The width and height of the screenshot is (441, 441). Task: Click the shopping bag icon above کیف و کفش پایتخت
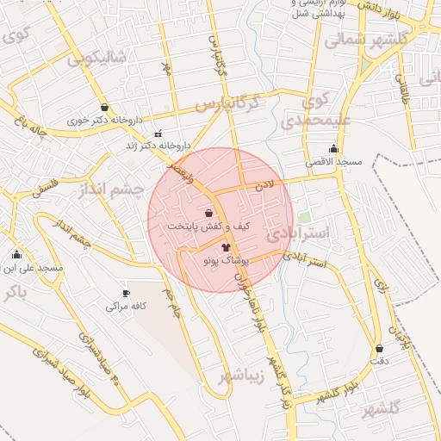209,212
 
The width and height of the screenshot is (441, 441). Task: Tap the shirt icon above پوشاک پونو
226,247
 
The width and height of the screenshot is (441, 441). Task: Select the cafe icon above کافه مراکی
127,294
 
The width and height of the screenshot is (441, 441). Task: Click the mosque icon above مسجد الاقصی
333,149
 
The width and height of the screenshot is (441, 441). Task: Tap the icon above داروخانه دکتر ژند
157,134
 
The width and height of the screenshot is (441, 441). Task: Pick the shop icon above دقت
379,349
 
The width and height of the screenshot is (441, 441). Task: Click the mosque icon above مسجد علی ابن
16,255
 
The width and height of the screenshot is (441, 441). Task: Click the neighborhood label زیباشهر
226,376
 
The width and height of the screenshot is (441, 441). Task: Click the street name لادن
264,185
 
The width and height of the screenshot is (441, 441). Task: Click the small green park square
303,218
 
